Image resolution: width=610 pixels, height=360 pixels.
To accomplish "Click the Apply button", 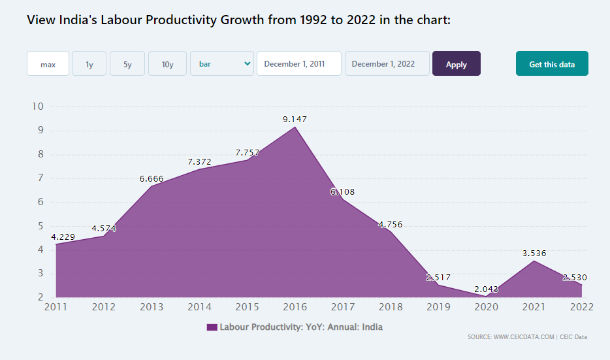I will click(456, 64).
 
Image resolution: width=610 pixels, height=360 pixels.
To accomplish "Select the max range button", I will click(48, 64).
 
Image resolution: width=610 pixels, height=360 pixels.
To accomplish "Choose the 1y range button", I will click(89, 64).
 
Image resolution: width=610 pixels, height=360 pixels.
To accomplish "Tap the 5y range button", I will click(127, 64).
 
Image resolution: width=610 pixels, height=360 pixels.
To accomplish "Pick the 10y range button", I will click(167, 64).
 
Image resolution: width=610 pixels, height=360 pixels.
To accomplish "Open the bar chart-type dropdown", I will click(221, 64).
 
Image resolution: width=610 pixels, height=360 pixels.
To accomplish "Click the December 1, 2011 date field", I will click(298, 64).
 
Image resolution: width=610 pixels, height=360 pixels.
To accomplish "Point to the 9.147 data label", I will click(295, 120).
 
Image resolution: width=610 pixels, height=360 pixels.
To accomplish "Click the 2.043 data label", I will click(487, 289).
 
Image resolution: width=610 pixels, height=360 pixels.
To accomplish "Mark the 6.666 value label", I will click(152, 178).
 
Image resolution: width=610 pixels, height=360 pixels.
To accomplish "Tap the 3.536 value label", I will click(534, 253).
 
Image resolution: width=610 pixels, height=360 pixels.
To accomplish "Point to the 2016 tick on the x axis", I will click(295, 306).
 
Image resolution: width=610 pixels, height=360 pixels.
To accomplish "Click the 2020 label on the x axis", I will click(487, 306).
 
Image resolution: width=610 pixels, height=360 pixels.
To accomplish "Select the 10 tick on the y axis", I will click(37, 106).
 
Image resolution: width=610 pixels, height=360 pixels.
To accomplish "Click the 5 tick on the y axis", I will click(40, 226).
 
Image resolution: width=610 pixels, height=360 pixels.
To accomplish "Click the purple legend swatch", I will click(212, 327).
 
